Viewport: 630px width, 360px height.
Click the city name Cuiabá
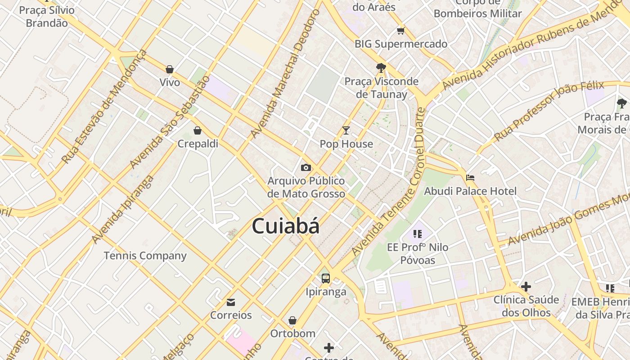point(286,225)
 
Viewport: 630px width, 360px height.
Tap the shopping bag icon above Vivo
point(170,69)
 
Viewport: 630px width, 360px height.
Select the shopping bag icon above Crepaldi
point(197,130)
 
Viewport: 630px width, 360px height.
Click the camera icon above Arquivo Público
point(306,168)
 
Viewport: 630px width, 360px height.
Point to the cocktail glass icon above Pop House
point(346,130)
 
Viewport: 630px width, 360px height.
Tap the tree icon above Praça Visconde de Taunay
point(381,68)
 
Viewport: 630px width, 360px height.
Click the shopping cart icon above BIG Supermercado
point(400,31)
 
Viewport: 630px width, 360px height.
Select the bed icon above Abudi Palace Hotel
point(470,178)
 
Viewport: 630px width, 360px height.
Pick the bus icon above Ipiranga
point(326,279)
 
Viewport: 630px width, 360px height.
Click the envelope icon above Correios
point(231,302)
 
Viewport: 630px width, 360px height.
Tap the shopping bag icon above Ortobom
point(292,320)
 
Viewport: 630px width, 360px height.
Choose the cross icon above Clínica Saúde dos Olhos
point(526,286)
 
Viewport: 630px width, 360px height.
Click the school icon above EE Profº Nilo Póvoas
point(418,234)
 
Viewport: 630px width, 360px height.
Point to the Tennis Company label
point(145,256)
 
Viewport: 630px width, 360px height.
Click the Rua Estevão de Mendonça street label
point(104,107)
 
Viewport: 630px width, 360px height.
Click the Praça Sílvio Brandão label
point(47,17)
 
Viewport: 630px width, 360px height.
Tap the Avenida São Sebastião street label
point(170,122)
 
